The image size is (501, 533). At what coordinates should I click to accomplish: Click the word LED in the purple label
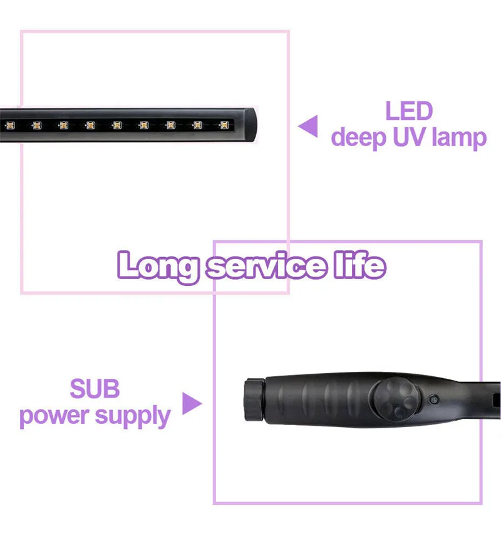pos(409,111)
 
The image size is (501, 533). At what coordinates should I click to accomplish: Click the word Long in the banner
pos(159,266)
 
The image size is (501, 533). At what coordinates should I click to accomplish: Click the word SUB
pos(95,389)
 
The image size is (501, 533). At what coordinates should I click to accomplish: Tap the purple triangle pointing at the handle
pos(192,404)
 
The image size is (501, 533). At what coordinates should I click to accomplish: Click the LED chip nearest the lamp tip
pos(224,125)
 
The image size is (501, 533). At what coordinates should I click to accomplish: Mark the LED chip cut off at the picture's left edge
pos(9,125)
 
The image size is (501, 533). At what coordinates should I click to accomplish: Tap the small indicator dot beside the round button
pos(432,398)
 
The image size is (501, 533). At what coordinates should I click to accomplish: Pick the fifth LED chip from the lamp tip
pos(117,125)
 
